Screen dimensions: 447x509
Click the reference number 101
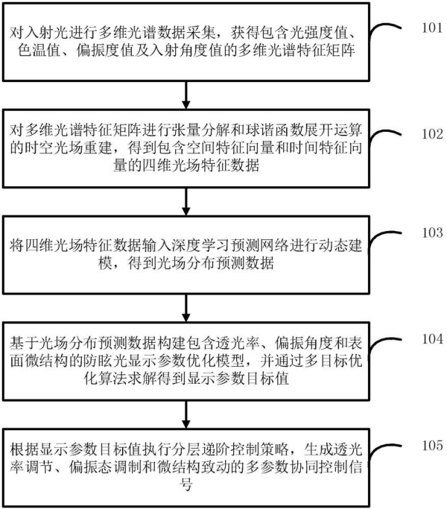pyautogui.click(x=432, y=28)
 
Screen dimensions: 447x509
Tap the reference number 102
pyautogui.click(x=432, y=134)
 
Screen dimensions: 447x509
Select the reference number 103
pyautogui.click(x=432, y=233)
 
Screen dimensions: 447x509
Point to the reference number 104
pyautogui.click(x=432, y=339)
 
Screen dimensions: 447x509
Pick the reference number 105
pyautogui.click(x=432, y=446)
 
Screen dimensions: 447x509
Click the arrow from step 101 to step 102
pyautogui.click(x=186, y=95)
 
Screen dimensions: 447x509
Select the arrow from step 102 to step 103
pyautogui.click(x=186, y=201)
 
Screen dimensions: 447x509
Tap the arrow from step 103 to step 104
pyautogui.click(x=186, y=308)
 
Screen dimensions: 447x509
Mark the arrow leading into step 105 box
pyautogui.click(x=186, y=414)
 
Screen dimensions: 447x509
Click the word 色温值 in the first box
pyautogui.click(x=39, y=51)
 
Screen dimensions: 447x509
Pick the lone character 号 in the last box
pyautogui.click(x=186, y=485)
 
